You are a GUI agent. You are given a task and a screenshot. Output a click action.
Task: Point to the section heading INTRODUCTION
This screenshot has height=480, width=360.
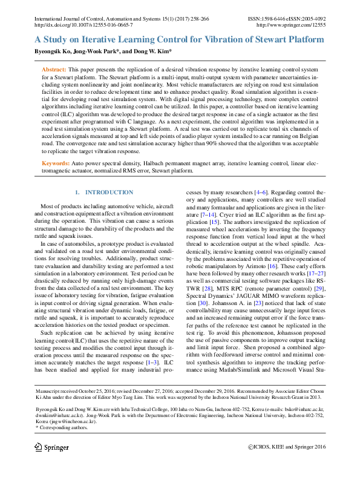tap(109, 192)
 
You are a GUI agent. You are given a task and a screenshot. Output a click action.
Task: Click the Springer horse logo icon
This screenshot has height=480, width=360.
tap(39, 447)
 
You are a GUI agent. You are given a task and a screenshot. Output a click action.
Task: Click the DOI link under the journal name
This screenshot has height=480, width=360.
tap(83, 26)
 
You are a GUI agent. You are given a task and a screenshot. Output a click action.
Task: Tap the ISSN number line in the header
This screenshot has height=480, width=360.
tap(287, 19)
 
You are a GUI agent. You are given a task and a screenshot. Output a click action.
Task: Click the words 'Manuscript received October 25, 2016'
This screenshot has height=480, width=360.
tap(73, 393)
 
